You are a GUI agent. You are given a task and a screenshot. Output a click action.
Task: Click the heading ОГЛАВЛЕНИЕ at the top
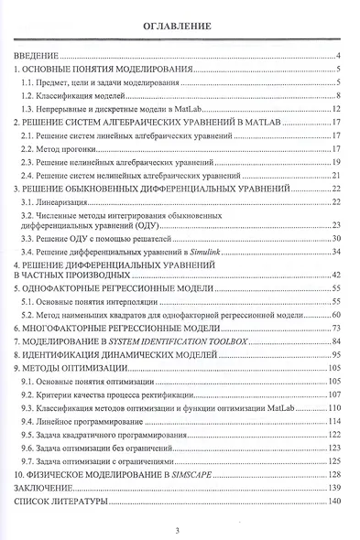[179, 27]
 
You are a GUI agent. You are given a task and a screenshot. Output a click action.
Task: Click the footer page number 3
[180, 528]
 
